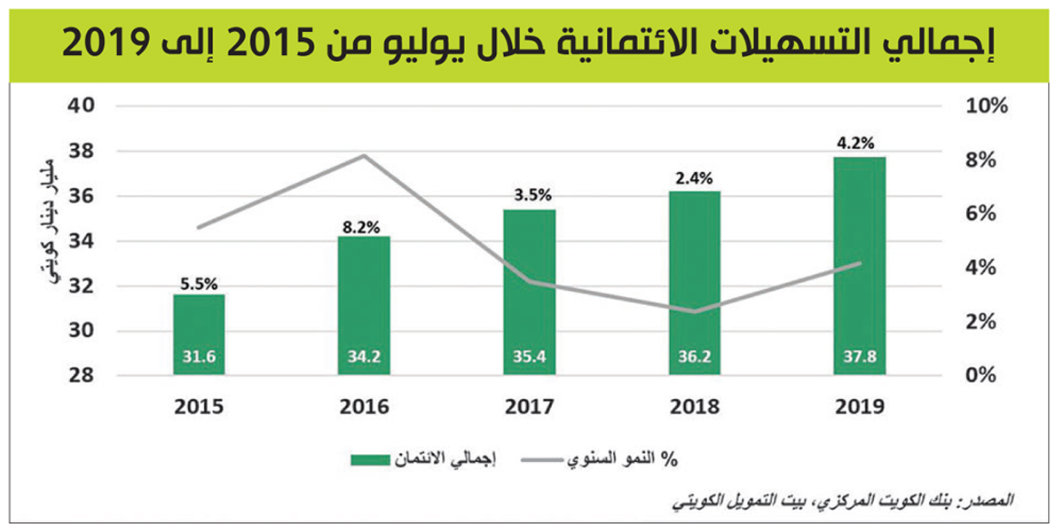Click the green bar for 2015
click(x=199, y=334)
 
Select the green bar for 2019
click(x=860, y=266)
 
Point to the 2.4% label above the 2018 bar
click(x=694, y=177)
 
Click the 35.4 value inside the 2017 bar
click(x=529, y=358)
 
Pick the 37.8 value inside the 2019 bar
click(x=860, y=358)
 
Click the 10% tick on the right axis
click(x=987, y=106)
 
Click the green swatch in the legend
click(x=383, y=459)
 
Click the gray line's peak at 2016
click(x=364, y=156)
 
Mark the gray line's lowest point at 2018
click(x=694, y=311)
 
